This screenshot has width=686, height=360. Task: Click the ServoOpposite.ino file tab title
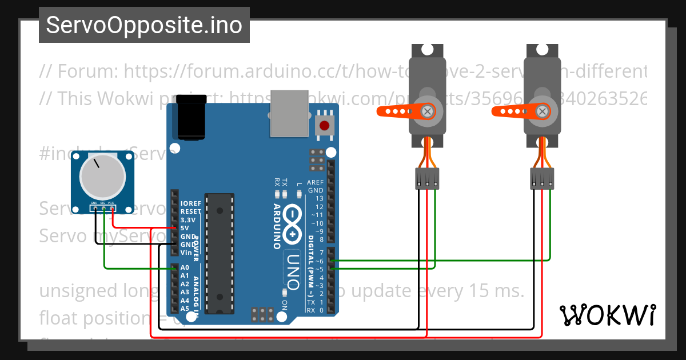[144, 25]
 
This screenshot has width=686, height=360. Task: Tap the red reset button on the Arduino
[324, 126]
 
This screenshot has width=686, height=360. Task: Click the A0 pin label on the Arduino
[185, 267]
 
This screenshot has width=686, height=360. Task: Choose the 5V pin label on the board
[185, 228]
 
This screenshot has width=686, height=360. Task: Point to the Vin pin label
[185, 253]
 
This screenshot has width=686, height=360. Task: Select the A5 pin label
[185, 309]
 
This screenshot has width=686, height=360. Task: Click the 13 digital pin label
[319, 198]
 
